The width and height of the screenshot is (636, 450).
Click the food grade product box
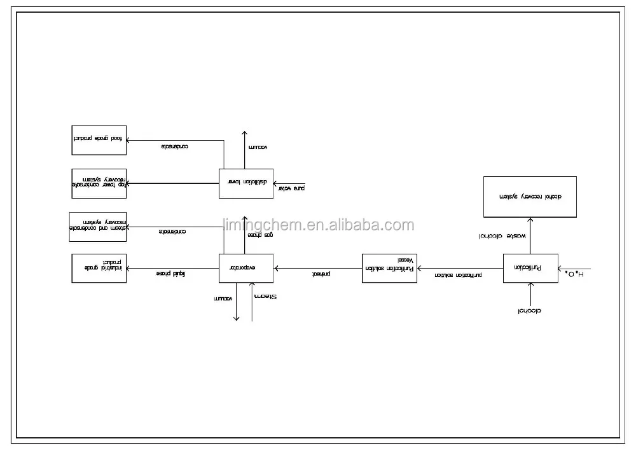click(x=99, y=140)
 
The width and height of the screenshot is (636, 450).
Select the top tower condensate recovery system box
click(x=99, y=183)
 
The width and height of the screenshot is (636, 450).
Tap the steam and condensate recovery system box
click(x=98, y=226)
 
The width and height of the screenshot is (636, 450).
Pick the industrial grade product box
click(x=99, y=268)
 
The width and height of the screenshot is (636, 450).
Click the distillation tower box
click(x=246, y=183)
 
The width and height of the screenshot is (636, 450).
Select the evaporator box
click(x=246, y=268)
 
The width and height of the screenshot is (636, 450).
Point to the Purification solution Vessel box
click(x=389, y=268)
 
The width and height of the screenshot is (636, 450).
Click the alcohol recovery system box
click(x=530, y=197)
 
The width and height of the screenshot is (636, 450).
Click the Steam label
click(x=266, y=297)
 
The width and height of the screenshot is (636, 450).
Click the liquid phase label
click(x=170, y=274)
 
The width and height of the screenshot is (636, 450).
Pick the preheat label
click(x=321, y=274)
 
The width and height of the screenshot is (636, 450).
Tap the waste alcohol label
click(x=502, y=236)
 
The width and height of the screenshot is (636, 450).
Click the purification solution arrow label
click(x=458, y=274)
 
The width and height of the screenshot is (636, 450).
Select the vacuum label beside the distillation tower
click(x=258, y=147)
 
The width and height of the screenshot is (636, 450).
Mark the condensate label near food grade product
click(x=174, y=146)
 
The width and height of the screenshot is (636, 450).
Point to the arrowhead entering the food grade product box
click(x=129, y=140)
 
